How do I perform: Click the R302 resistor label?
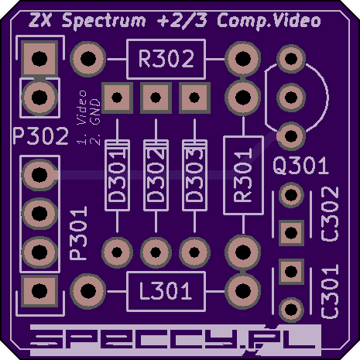point(166,59)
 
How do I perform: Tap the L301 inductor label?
point(166,291)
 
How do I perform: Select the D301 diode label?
point(117,177)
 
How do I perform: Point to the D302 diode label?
point(156,177)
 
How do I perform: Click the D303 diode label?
point(194,177)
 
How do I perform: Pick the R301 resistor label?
point(243,175)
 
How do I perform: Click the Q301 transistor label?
point(300,166)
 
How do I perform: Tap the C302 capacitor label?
point(330,214)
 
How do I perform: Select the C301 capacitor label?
point(330,291)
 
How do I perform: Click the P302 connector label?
point(41,136)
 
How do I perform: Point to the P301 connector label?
point(79,233)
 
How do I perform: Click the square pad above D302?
point(156,98)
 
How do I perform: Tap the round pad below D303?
point(194,252)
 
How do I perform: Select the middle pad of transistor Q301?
point(291,98)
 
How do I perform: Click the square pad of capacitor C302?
point(291,233)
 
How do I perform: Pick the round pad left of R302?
point(88,59)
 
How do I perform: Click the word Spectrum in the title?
point(104,21)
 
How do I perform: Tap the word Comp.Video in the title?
point(269,21)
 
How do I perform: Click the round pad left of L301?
point(88,291)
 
